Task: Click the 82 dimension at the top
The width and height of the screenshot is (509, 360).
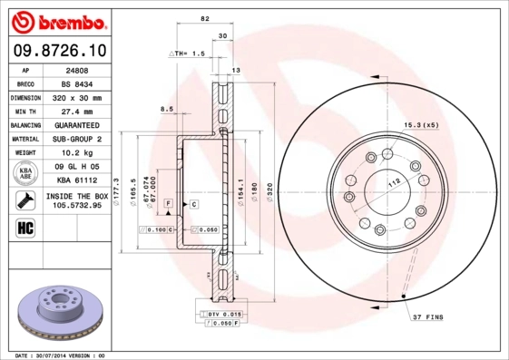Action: (205, 18)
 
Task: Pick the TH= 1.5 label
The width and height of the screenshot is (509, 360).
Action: (182, 54)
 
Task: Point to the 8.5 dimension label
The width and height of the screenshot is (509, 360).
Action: (166, 109)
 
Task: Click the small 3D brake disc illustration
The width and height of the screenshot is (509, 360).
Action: (56, 310)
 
